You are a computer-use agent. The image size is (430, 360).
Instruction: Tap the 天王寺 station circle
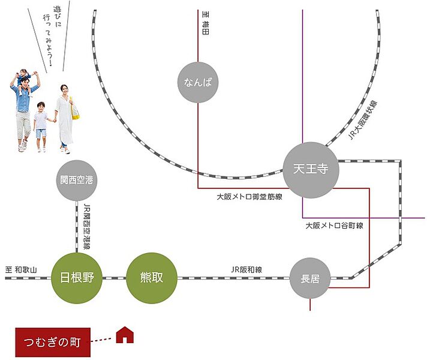click(x=311, y=170)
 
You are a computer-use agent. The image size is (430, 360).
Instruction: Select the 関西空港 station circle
click(x=76, y=179)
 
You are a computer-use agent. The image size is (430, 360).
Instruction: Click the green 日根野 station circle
click(x=77, y=278)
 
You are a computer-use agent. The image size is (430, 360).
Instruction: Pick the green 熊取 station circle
click(x=152, y=278)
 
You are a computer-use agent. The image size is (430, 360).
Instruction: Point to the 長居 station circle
click(x=310, y=278)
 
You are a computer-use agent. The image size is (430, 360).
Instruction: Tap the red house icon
click(x=124, y=335)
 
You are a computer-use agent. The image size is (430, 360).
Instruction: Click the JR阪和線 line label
click(x=246, y=269)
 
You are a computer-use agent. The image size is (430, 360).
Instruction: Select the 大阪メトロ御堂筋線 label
click(x=249, y=197)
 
